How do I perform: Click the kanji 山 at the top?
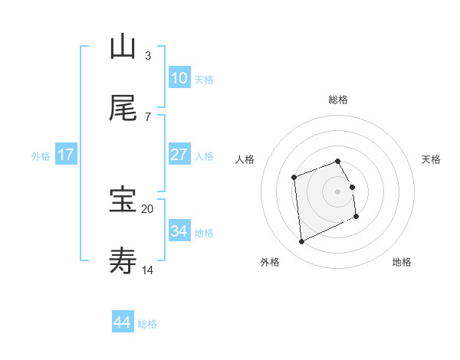coord(123,47)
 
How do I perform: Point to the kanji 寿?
coord(123,260)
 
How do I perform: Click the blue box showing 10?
coord(179,78)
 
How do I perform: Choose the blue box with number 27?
coord(179,155)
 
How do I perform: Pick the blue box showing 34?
coord(179,231)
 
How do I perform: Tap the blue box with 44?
coord(123,322)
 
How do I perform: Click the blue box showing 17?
coord(66,155)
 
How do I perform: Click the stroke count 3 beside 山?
coord(148,55)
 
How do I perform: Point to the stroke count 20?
coord(148,208)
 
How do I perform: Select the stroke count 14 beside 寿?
coord(148,270)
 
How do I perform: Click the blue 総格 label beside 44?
coord(147,323)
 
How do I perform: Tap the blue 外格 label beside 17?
coord(41,155)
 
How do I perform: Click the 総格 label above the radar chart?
coord(338,100)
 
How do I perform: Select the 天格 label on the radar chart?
coord(431,159)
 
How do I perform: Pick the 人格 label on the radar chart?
coord(245,159)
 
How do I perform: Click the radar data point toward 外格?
coord(301,242)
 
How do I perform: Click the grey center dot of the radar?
coord(338,191)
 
